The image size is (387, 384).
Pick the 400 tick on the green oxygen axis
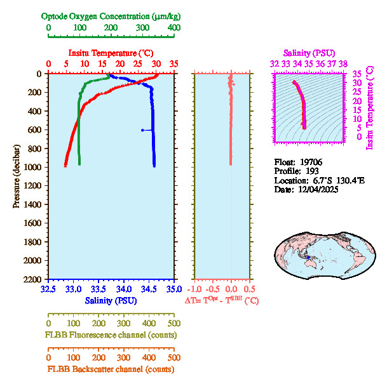point(173,29)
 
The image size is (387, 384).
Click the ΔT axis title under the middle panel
point(221,300)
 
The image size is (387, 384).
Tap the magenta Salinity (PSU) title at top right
point(308,53)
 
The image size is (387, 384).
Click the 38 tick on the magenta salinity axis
point(343,63)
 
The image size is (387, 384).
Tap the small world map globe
point(325,252)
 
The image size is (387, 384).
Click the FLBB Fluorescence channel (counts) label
point(111,334)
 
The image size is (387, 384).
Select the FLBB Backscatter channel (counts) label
point(111,369)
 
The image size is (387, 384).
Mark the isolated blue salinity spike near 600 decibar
point(143,130)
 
